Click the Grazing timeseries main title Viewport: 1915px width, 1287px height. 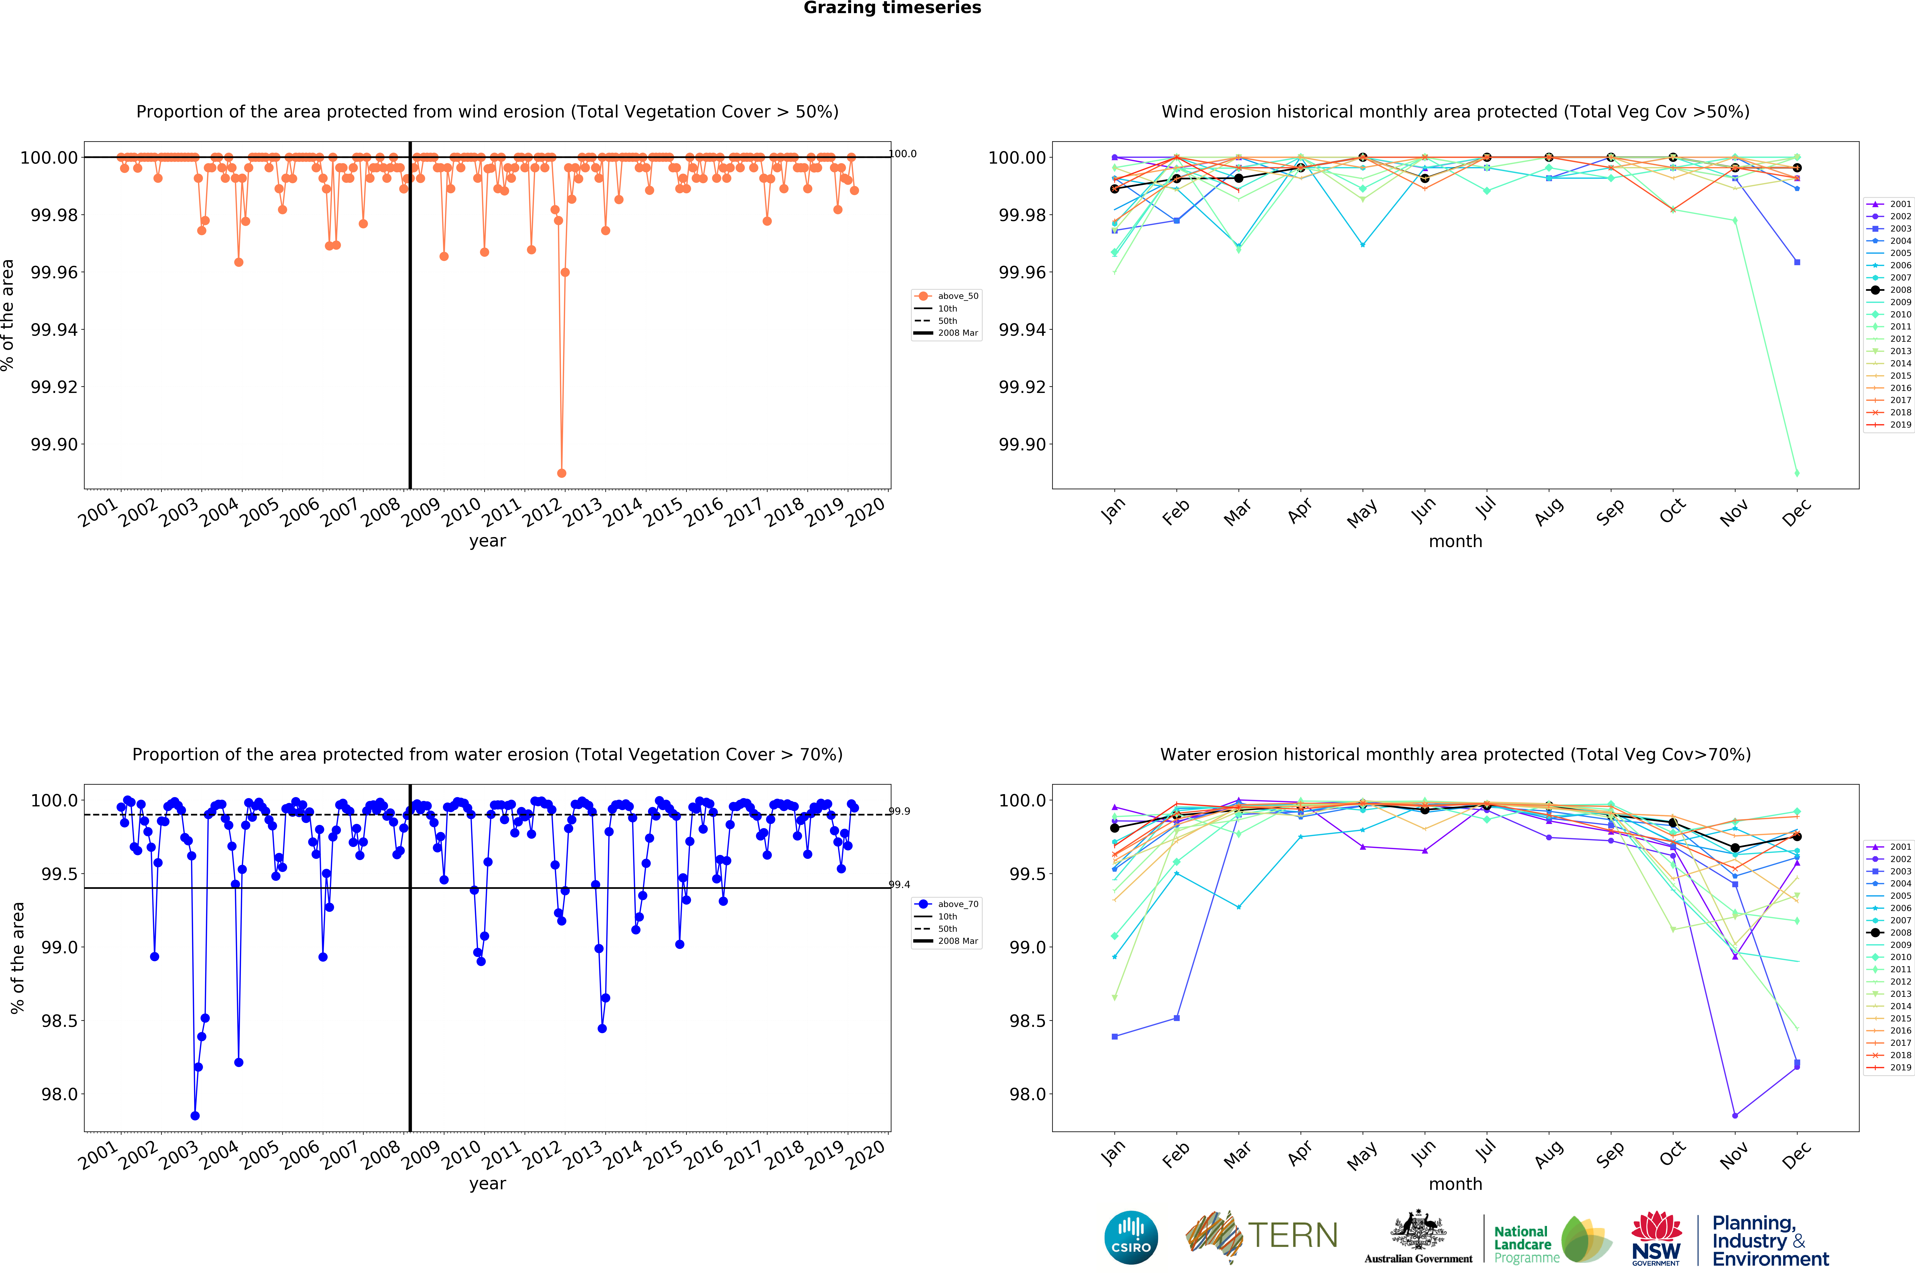(x=892, y=8)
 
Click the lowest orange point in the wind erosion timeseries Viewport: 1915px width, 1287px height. (x=561, y=473)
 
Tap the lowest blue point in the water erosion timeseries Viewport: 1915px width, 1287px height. (x=194, y=1116)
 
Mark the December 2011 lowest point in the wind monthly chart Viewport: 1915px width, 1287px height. (x=1797, y=473)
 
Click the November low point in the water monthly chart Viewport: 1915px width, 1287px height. (x=1734, y=1116)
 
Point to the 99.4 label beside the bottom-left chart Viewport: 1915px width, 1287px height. (x=899, y=885)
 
